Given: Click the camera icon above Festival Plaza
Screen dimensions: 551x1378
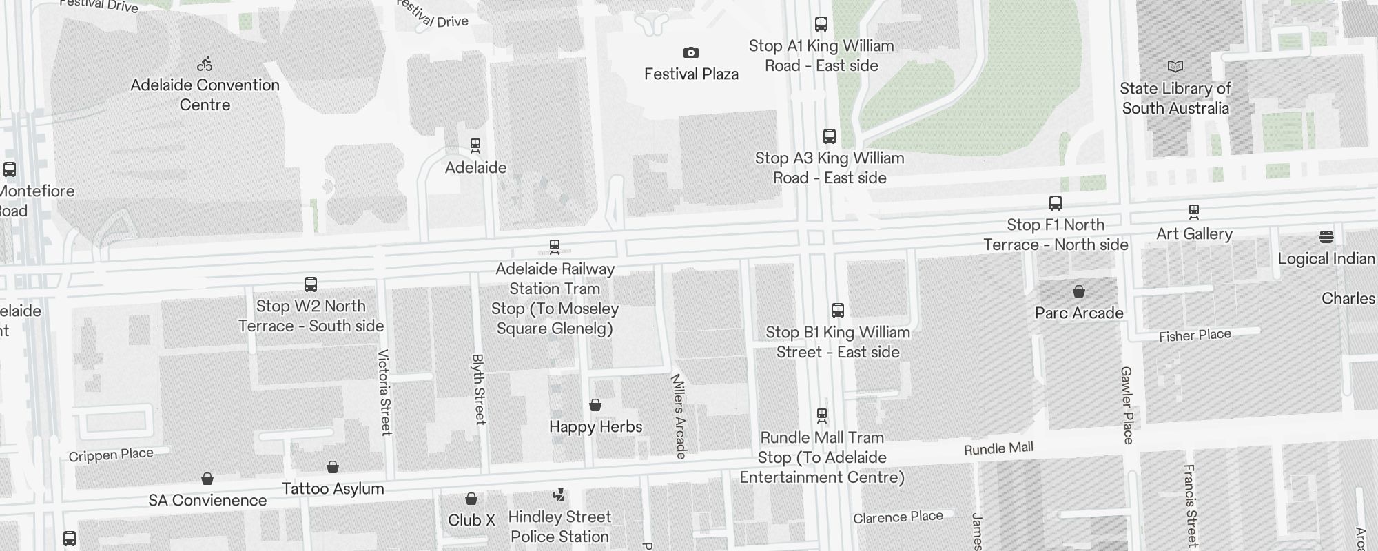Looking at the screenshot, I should point(690,53).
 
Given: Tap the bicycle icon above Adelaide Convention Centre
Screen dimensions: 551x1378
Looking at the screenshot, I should point(205,64).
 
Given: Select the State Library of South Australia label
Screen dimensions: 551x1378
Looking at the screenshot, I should point(1175,98).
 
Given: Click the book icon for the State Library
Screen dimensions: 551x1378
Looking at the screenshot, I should point(1175,67).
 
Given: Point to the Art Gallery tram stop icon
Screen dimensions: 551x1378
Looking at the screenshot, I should point(1193,211).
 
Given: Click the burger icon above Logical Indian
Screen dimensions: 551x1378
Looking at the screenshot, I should point(1326,237).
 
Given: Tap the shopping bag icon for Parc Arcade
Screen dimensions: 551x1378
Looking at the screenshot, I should point(1079,291).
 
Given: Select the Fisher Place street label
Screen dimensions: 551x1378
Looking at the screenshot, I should point(1194,336).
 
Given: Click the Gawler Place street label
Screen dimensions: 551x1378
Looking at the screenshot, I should point(1127,405).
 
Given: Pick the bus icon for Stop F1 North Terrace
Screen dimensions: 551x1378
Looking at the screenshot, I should point(1055,203).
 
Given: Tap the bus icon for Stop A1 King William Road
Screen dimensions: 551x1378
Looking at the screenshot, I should point(821,24).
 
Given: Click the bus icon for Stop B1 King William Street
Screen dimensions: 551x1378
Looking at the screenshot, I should point(837,311).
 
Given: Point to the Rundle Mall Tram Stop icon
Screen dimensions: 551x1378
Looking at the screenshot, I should point(821,415).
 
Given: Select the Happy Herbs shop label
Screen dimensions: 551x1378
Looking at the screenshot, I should point(595,427).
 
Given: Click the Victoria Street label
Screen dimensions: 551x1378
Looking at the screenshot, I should point(384,393).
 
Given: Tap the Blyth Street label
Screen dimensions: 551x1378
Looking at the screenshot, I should point(478,389).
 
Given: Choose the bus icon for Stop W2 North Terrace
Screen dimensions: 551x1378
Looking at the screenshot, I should point(310,284).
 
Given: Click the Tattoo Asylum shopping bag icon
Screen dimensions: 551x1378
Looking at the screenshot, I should point(332,468).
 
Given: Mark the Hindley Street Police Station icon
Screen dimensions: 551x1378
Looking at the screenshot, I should point(559,495).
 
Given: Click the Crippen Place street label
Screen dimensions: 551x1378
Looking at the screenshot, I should point(111,455).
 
